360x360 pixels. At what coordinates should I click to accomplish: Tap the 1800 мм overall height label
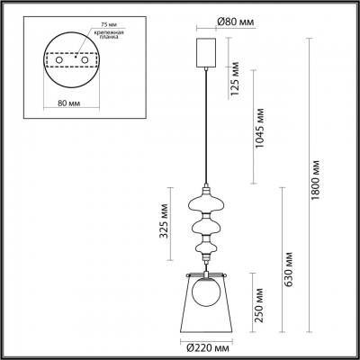pos(316,184)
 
